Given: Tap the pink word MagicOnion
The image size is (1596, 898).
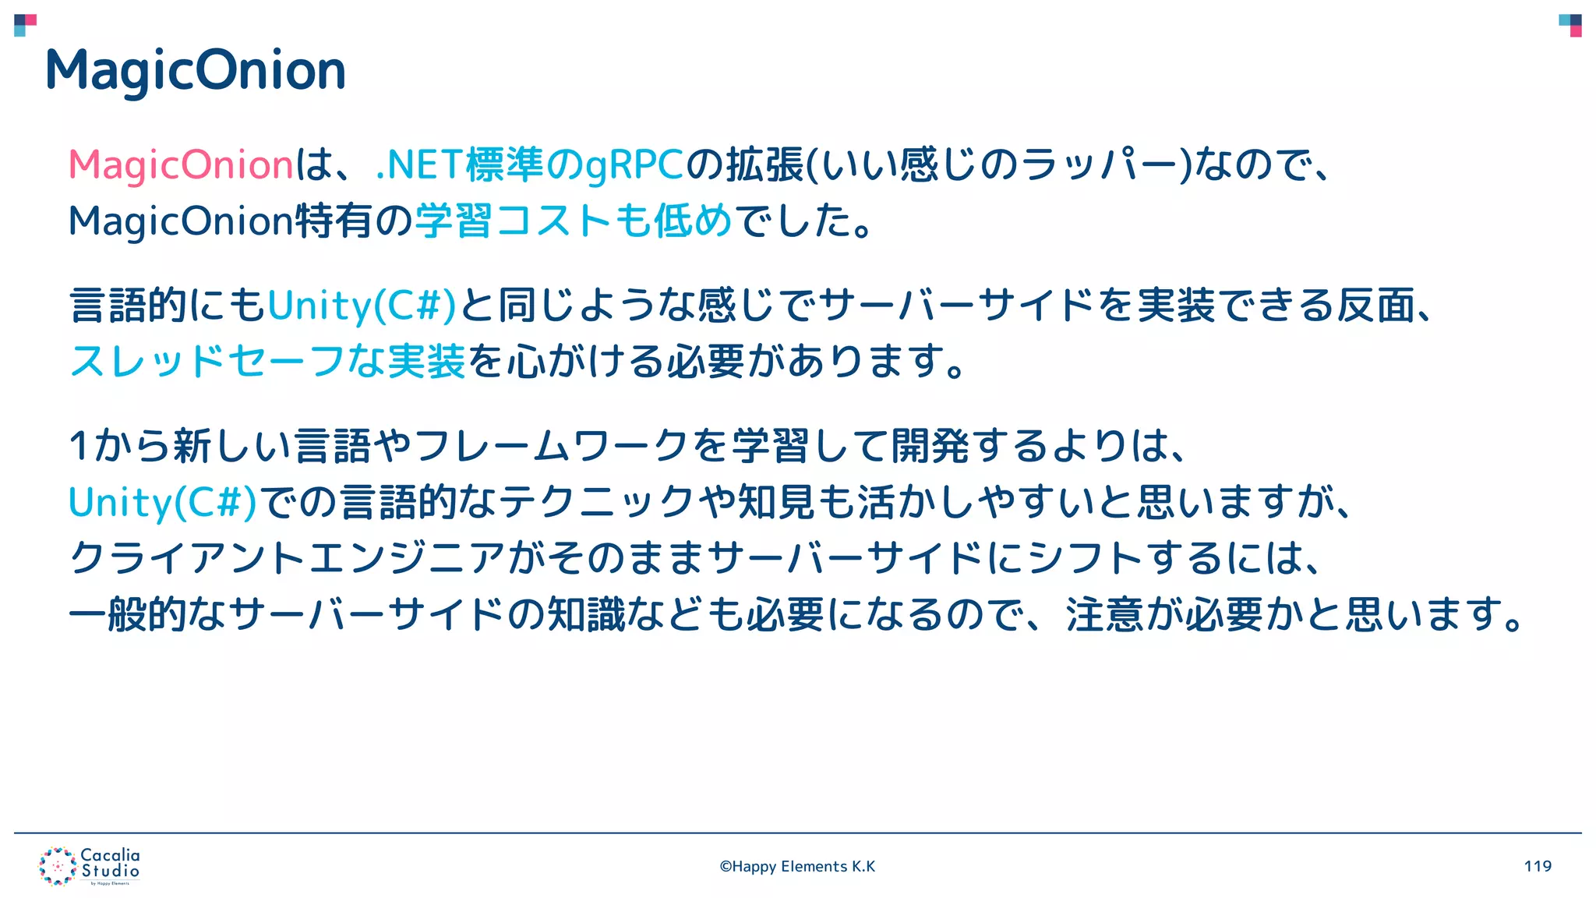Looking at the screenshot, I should (x=181, y=165).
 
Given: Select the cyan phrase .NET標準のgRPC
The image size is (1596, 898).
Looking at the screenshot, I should (x=529, y=165).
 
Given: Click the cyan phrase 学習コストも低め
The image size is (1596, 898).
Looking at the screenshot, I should (x=574, y=221).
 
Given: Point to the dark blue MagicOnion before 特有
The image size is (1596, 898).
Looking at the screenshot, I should (x=181, y=221).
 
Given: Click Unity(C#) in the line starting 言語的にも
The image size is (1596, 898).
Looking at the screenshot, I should (x=362, y=305).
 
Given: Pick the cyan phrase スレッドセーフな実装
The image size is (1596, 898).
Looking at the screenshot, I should (x=267, y=361).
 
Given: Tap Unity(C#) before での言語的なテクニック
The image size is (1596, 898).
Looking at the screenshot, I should (x=162, y=502).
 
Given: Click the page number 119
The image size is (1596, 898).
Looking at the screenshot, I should (x=1538, y=866).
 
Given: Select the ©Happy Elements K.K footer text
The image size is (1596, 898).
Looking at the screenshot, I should (x=797, y=867).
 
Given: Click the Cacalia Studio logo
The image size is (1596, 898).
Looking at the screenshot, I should (x=90, y=866).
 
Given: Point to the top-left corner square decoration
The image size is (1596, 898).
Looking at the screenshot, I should (x=25, y=25).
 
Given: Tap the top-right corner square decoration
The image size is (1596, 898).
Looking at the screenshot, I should (x=1570, y=25).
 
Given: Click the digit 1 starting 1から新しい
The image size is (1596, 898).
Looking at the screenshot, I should (x=79, y=447).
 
